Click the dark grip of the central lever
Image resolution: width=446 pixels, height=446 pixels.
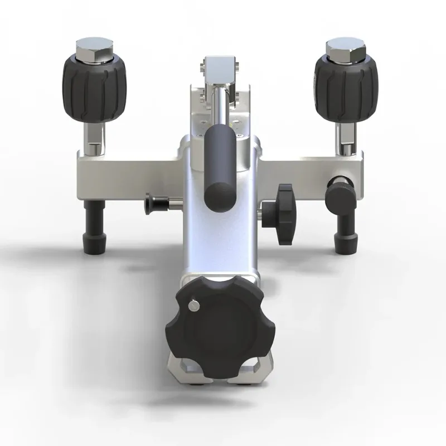coord(218,168)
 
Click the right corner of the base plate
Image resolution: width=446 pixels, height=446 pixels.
coord(266,371)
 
